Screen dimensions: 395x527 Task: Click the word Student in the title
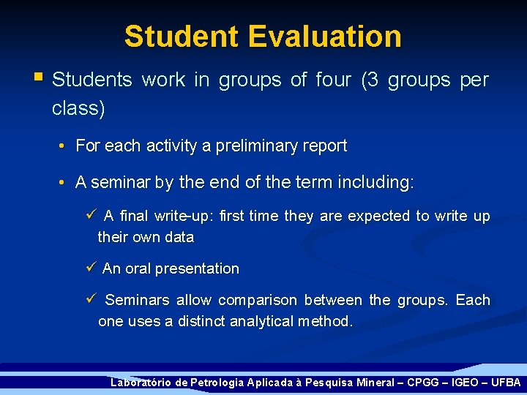181,36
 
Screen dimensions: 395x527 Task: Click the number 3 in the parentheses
371,80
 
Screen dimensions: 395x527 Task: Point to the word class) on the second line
78,109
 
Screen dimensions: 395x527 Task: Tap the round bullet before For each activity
64,146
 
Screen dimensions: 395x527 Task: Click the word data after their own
179,237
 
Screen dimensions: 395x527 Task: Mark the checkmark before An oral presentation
91,268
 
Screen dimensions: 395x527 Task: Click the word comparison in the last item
258,300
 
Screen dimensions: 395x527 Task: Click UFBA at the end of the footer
505,383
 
